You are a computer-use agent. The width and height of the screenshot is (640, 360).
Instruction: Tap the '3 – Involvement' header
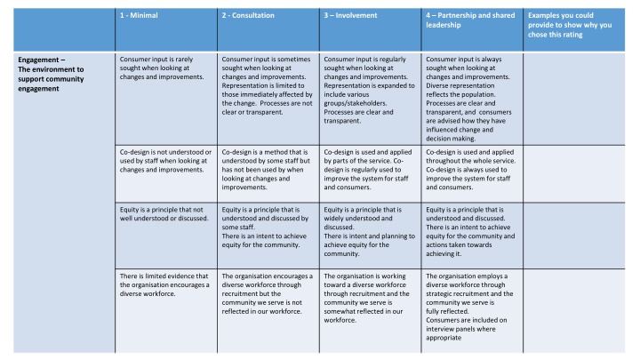click(x=350, y=15)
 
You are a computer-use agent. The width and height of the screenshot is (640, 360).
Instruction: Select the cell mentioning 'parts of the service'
click(x=369, y=164)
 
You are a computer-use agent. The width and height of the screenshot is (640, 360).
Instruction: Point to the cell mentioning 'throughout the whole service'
click(x=471, y=164)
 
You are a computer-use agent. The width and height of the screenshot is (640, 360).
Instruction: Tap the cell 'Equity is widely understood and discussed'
click(x=369, y=227)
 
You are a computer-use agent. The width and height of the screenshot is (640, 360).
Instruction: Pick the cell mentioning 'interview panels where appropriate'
click(x=471, y=307)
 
